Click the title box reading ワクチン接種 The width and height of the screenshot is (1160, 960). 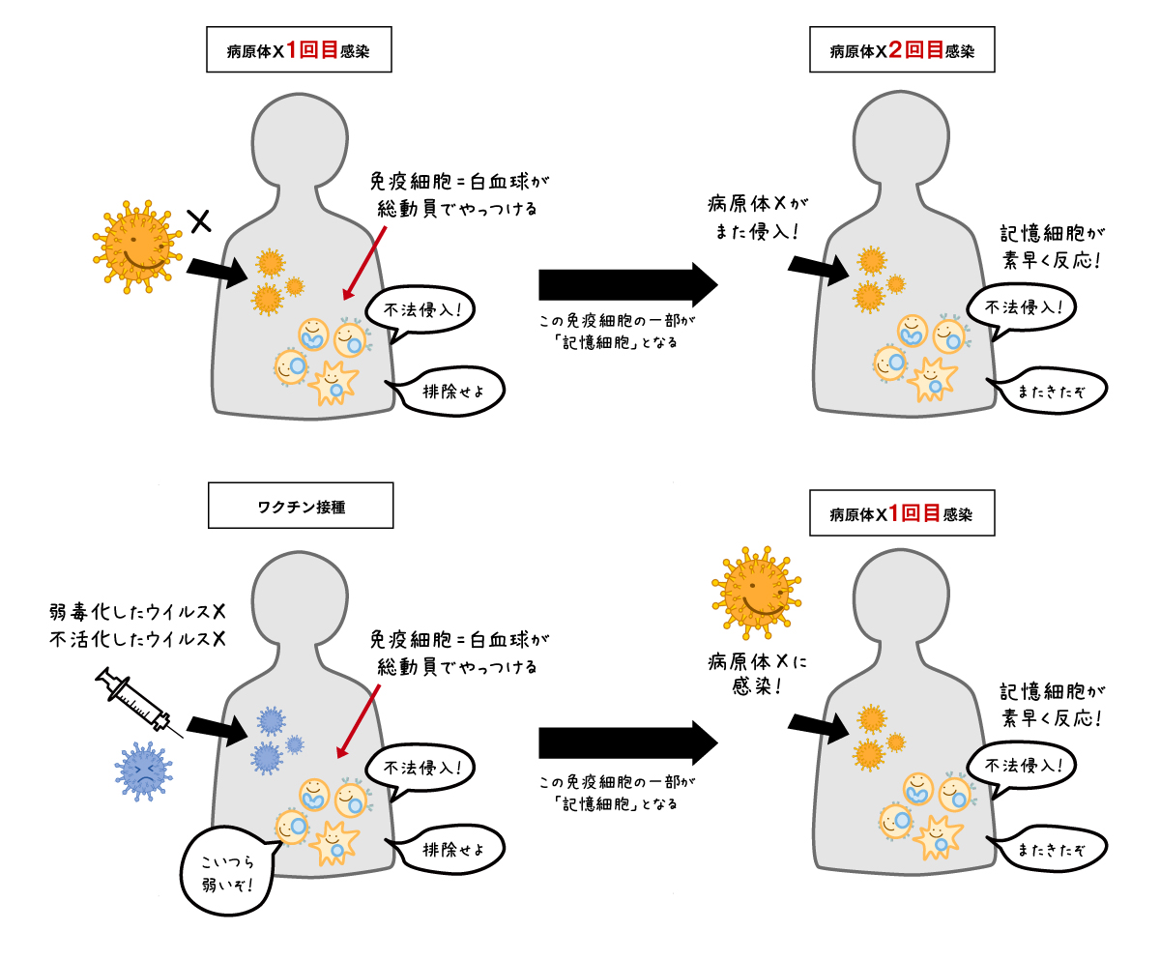(301, 508)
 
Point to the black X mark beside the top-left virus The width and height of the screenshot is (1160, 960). (199, 222)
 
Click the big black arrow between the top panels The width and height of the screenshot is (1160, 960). (627, 284)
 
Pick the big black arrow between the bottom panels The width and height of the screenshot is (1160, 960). (627, 742)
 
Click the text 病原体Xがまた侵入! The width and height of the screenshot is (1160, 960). (759, 218)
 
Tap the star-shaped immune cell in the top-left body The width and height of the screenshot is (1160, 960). (333, 382)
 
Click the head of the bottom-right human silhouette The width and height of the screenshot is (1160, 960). (899, 599)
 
